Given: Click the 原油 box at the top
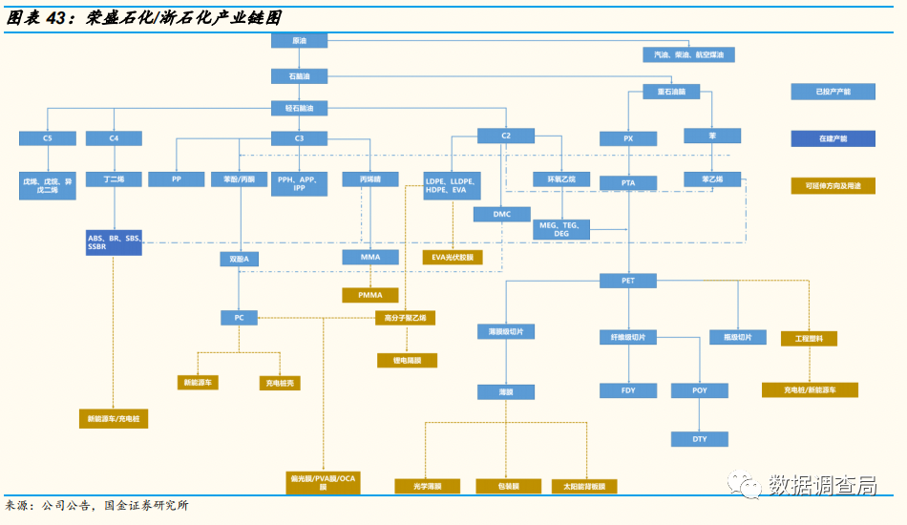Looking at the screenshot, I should (x=300, y=41).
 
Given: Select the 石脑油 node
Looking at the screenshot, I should (x=300, y=75).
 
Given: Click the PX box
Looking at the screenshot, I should (x=628, y=138).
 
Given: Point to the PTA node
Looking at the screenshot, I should (x=628, y=182).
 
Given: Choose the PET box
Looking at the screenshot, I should (x=628, y=281).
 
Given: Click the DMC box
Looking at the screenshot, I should (x=502, y=214).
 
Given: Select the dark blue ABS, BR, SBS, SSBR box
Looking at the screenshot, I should (x=114, y=242).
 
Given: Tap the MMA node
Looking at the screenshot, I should (x=370, y=258).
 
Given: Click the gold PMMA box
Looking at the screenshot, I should (x=370, y=295).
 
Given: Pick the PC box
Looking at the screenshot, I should (x=240, y=317).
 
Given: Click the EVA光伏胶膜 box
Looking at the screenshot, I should (x=453, y=258).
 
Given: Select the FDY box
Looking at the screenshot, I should (x=628, y=390).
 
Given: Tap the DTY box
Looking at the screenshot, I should (x=701, y=439).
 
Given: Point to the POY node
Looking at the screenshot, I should (x=701, y=390).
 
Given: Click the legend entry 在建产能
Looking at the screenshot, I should (x=833, y=138).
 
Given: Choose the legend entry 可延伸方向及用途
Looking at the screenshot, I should (x=833, y=186).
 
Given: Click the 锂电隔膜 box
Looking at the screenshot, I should (x=407, y=361).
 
